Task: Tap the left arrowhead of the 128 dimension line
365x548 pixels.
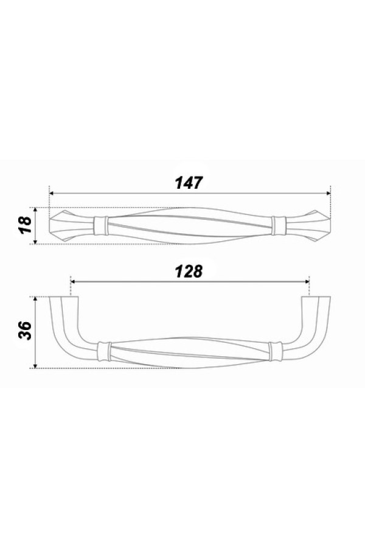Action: (74, 281)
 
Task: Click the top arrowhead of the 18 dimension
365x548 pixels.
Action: (38, 209)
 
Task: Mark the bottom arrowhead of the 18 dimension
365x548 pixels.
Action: (38, 241)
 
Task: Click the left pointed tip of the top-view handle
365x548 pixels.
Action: (50, 225)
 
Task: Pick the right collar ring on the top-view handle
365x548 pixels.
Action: (279, 225)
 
